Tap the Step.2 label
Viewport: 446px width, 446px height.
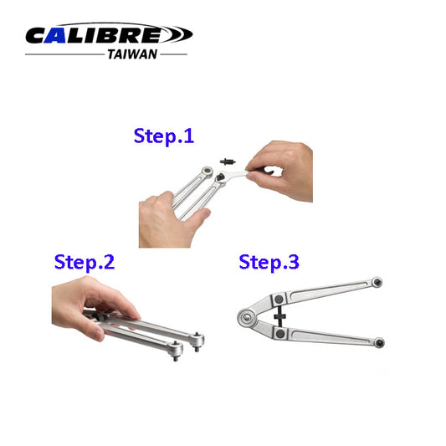84,261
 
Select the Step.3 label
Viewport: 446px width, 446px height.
269,261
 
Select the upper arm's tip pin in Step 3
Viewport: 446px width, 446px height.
379,283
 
